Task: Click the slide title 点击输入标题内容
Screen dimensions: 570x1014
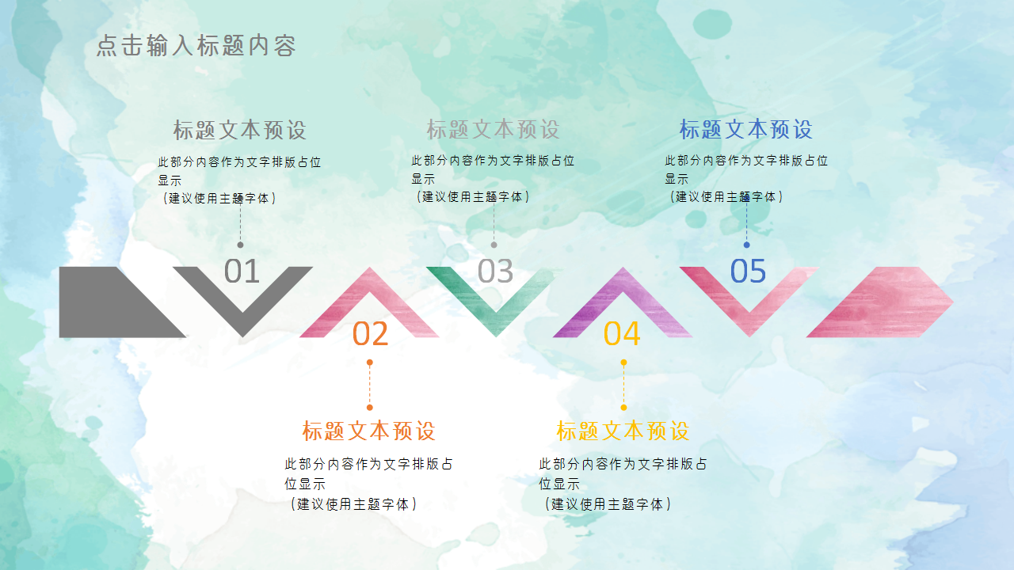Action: tap(196, 46)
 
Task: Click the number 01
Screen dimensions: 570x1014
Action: tap(242, 272)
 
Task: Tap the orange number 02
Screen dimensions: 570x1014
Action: tap(370, 333)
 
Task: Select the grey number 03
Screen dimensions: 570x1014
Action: tap(495, 272)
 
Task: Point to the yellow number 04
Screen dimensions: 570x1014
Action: tap(622, 333)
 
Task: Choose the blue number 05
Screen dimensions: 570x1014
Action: tap(748, 272)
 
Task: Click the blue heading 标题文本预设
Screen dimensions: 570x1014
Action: tap(746, 129)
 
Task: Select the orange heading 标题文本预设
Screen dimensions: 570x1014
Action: tap(369, 431)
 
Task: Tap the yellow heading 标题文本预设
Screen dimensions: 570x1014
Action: tap(623, 431)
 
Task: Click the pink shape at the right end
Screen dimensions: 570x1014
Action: tap(887, 302)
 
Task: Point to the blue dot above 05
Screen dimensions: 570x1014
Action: tap(746, 245)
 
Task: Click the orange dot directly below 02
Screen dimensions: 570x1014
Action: tap(370, 363)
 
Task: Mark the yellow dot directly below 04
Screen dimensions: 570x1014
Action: tap(623, 363)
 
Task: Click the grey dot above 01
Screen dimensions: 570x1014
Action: tap(241, 245)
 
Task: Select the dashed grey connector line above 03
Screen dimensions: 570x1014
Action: tap(494, 226)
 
